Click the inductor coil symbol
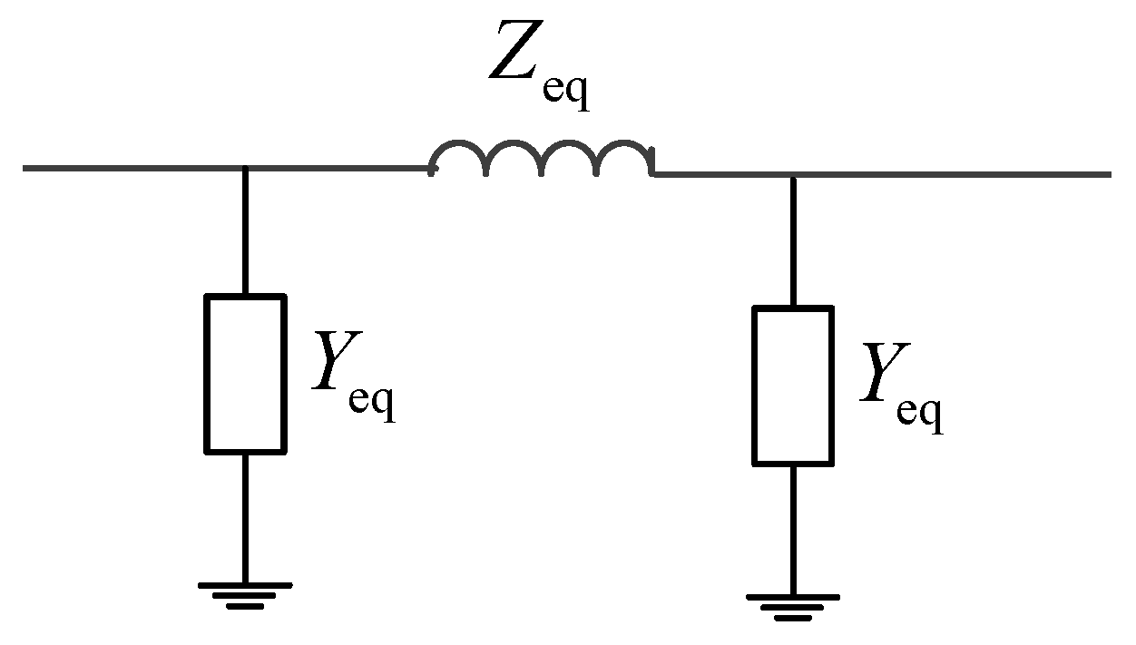click(542, 159)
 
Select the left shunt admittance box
click(245, 373)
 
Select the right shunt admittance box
click(792, 386)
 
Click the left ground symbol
click(245, 594)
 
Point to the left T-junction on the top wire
click(245, 169)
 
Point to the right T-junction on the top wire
click(792, 174)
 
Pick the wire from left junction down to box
click(245, 231)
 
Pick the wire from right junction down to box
click(792, 240)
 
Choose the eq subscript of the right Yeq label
click(919, 413)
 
